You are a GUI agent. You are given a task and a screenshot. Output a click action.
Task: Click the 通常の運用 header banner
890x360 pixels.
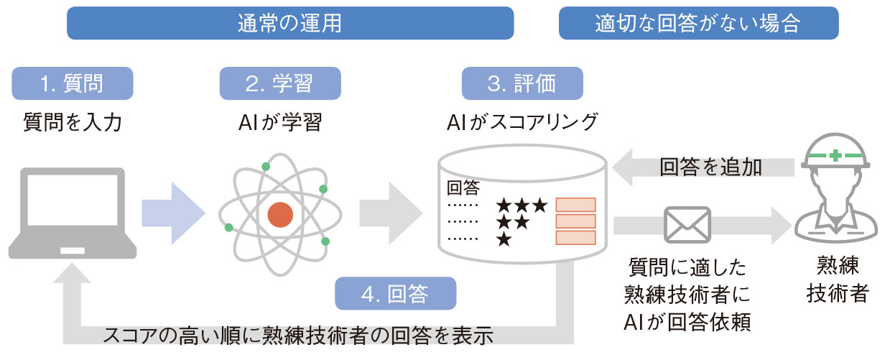coord(289,23)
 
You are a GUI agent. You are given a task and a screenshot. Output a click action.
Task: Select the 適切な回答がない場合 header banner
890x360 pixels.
coord(697,23)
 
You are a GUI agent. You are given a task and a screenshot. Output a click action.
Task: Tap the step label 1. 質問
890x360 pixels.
coord(72,83)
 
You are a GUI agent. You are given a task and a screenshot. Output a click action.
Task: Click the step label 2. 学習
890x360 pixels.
coord(279,83)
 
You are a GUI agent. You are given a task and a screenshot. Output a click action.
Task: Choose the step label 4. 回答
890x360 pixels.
coord(395,293)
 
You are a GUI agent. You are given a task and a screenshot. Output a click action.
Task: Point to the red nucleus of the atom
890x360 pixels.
coord(280,214)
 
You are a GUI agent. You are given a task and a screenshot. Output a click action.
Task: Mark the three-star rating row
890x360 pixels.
coord(522,206)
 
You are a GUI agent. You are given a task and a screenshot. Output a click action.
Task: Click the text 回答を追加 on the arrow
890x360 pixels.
coord(710,167)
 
